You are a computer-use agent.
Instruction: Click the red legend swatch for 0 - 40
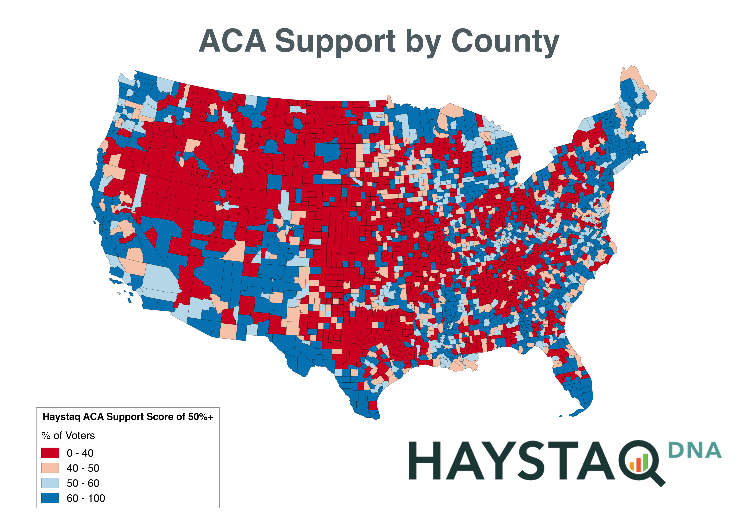50,453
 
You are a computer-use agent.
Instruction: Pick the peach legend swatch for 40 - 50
50,468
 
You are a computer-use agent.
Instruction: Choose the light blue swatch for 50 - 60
50,483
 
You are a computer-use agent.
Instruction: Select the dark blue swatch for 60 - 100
50,498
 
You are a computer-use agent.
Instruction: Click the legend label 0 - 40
80,453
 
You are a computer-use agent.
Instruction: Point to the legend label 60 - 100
86,498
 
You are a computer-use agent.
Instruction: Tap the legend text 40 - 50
83,468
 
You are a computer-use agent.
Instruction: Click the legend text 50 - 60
83,483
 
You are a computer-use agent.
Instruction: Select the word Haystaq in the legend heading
61,417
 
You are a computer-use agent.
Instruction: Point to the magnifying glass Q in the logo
639,462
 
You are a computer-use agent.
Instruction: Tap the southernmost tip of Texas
375,419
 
